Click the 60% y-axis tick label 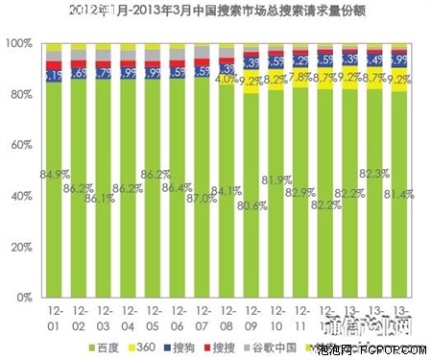click(x=20, y=146)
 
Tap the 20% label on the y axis click(x=20, y=248)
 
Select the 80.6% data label click(x=251, y=205)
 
